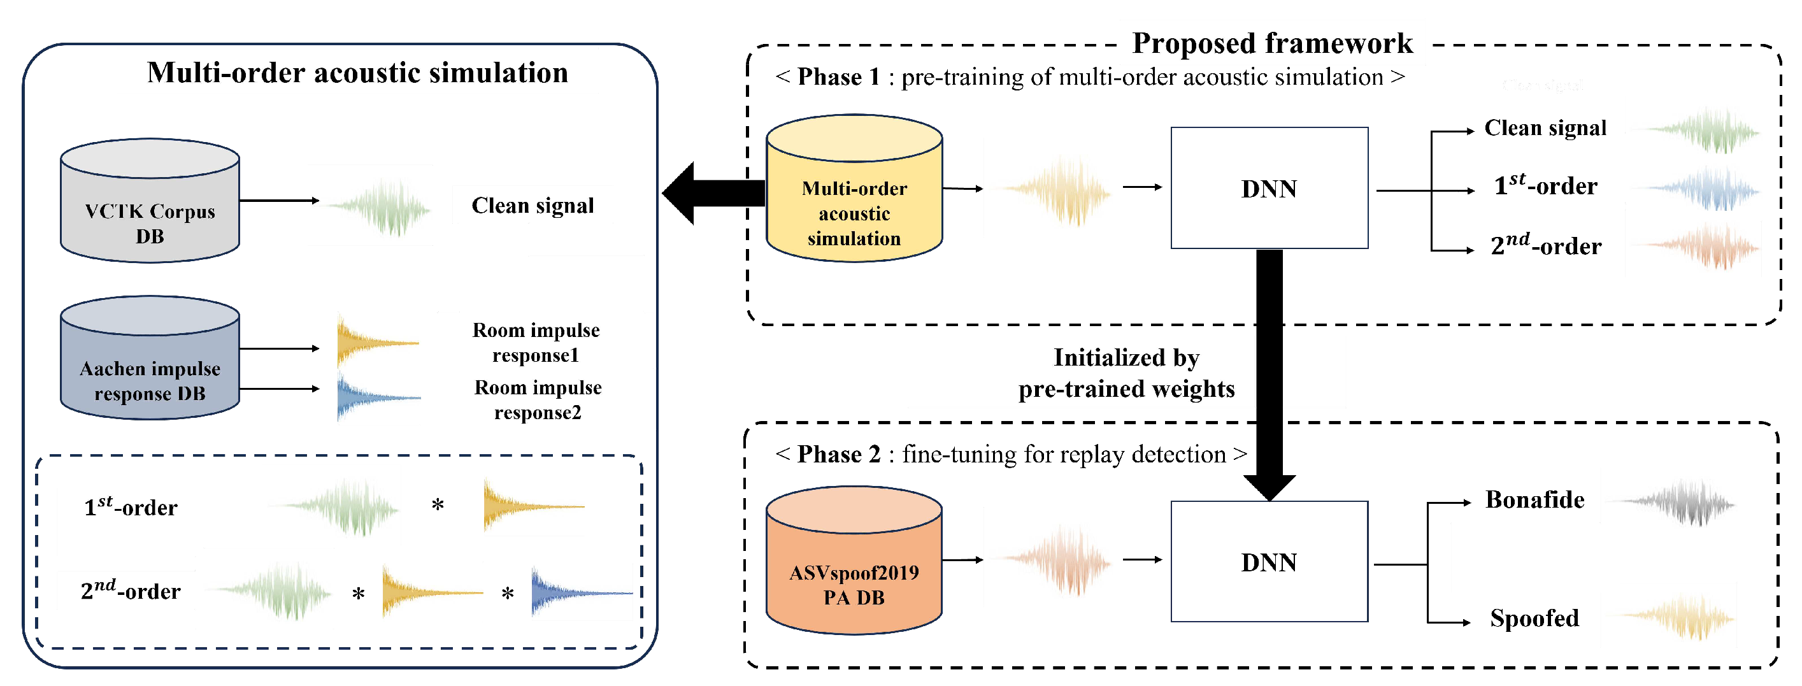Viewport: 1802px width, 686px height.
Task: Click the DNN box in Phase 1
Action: [x=1269, y=188]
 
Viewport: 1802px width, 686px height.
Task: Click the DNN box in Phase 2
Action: [x=1269, y=562]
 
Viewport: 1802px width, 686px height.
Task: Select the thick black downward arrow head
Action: [x=1269, y=487]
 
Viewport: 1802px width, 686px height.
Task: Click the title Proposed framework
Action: [x=1272, y=43]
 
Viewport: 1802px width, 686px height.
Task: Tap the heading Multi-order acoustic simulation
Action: [x=357, y=73]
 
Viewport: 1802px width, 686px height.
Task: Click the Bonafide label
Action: [x=1534, y=500]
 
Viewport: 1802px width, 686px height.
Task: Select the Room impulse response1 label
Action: [x=536, y=343]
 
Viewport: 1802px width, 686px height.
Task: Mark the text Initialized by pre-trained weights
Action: [x=1126, y=373]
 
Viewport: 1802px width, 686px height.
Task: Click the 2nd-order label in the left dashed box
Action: [x=130, y=591]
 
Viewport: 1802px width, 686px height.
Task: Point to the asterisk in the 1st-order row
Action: [x=438, y=505]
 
